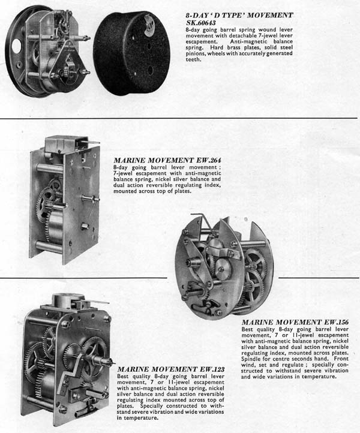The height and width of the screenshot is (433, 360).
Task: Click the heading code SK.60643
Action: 201,23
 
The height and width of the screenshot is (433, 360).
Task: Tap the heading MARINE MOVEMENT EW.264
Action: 167,161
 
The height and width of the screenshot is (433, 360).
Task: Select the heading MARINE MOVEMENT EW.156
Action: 295,322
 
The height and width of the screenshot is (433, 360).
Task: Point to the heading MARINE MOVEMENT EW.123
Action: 171,369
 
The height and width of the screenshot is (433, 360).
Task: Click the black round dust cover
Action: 132,52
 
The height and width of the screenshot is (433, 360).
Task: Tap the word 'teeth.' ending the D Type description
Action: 193,59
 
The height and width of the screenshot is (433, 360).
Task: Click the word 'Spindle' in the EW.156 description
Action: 250,359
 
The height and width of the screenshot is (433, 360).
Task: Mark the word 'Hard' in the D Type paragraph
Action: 216,47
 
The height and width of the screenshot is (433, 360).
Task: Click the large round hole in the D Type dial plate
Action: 16,46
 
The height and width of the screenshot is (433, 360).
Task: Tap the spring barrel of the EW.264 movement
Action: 56,228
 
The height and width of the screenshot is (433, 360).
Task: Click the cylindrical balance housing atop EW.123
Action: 68,300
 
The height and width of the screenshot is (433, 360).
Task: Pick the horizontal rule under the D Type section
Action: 179,118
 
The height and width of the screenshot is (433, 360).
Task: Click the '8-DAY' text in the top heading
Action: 196,15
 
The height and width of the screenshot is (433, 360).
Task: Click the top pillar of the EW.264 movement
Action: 50,168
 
